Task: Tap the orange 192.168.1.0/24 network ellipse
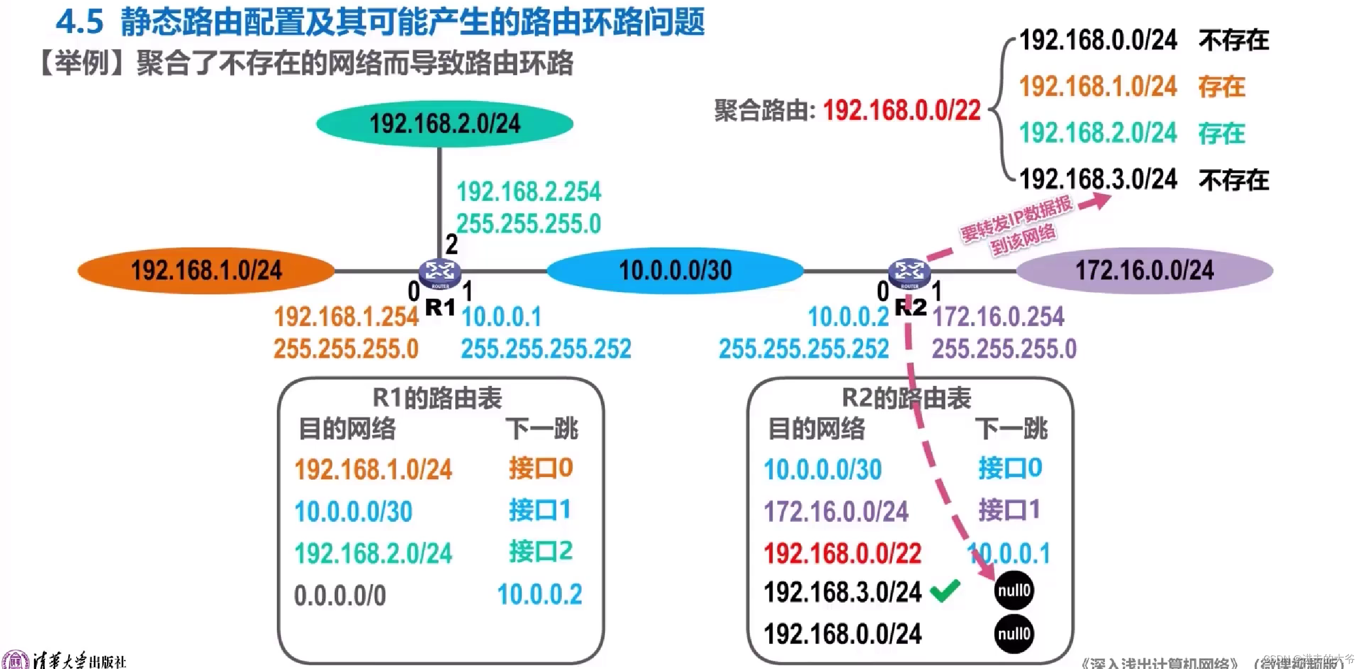point(207,270)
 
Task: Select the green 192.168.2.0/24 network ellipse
point(445,123)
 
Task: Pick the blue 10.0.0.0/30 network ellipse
point(675,270)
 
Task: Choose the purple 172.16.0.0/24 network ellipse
point(1145,270)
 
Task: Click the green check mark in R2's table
point(945,590)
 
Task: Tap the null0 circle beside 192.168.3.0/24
point(1014,590)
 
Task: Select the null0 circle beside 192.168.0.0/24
point(1014,633)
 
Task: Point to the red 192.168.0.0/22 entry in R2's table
point(842,554)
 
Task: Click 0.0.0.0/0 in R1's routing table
point(340,595)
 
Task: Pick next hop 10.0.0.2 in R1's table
point(539,594)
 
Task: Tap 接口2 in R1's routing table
point(540,551)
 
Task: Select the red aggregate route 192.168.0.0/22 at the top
point(901,111)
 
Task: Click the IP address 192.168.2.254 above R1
point(529,192)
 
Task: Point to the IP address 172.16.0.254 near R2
point(998,317)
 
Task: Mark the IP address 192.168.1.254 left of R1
point(346,317)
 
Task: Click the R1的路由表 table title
point(437,398)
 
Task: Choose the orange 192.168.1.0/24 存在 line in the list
point(1131,87)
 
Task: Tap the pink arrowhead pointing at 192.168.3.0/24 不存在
point(1101,200)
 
